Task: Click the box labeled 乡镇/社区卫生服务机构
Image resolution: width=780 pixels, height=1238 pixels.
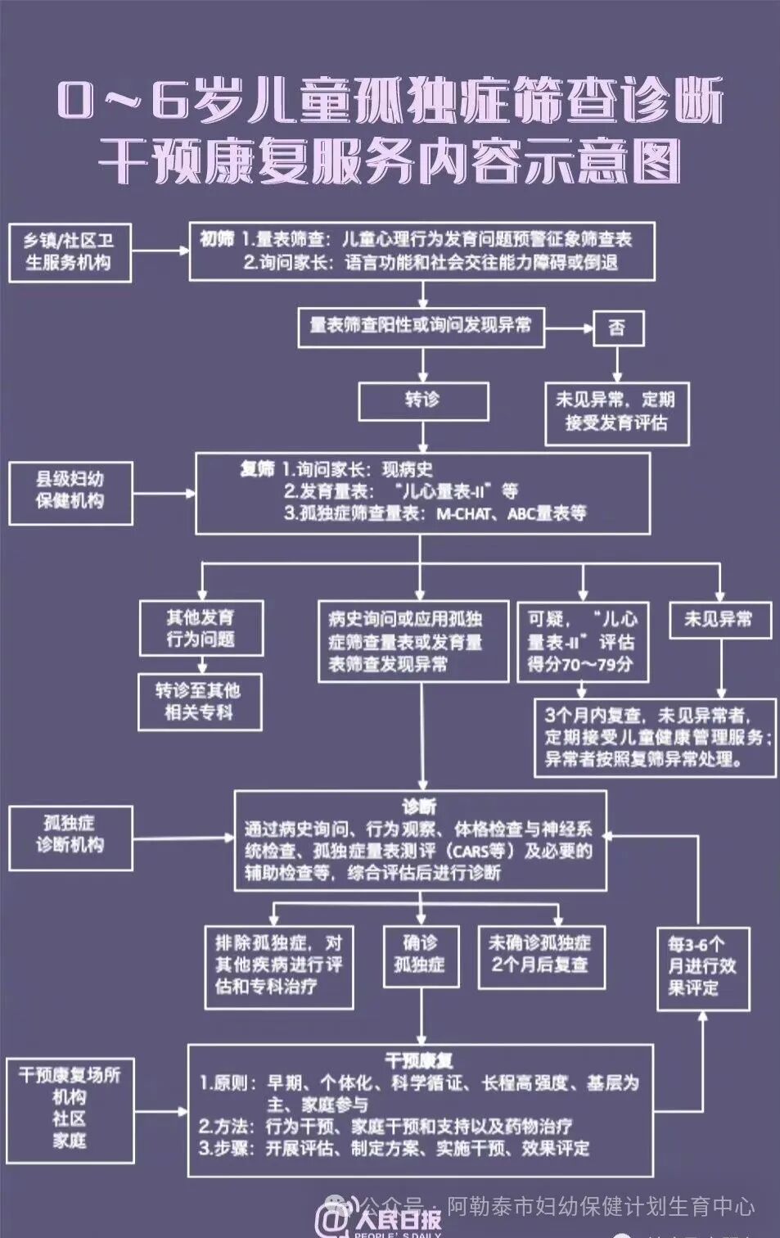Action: tap(70, 252)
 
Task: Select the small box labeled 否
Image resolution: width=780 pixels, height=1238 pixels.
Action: tap(617, 328)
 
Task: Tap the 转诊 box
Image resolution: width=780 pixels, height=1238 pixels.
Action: tap(423, 401)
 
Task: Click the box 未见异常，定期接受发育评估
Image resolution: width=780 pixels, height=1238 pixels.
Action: tap(616, 413)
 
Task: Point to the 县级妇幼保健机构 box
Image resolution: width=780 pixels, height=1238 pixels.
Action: tap(70, 491)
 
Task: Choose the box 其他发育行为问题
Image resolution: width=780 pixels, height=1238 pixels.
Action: tap(201, 629)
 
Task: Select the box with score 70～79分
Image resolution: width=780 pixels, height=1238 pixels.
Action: tap(582, 642)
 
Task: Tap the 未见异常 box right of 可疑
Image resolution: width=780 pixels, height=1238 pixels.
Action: tap(719, 620)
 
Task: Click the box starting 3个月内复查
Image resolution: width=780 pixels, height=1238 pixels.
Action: tap(655, 737)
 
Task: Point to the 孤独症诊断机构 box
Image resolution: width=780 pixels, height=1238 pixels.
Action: tap(70, 836)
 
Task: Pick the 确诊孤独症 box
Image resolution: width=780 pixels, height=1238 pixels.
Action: tap(420, 956)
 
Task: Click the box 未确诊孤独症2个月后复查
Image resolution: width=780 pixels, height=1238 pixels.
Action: tap(541, 956)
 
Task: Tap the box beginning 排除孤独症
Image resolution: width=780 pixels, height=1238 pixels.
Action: tap(279, 966)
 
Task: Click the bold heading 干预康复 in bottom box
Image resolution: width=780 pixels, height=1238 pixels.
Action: tap(419, 1062)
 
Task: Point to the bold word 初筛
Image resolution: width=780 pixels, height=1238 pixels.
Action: tap(217, 239)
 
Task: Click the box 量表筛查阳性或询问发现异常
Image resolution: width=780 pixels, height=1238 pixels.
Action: tap(421, 327)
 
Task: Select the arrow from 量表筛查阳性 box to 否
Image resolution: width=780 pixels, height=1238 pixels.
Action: tap(569, 328)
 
